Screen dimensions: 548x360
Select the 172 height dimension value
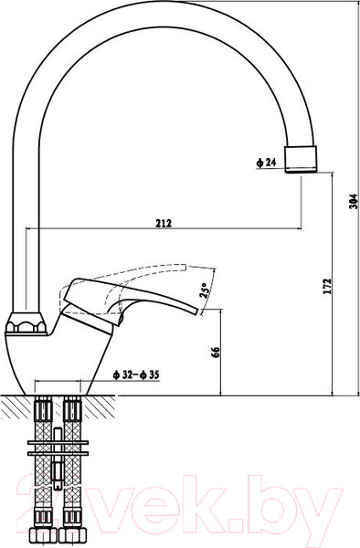click(x=325, y=287)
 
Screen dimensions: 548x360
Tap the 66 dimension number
click(x=216, y=353)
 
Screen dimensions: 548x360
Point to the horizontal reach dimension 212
click(x=164, y=222)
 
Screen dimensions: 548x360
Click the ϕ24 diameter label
click(x=266, y=163)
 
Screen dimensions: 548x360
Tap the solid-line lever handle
click(x=137, y=301)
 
